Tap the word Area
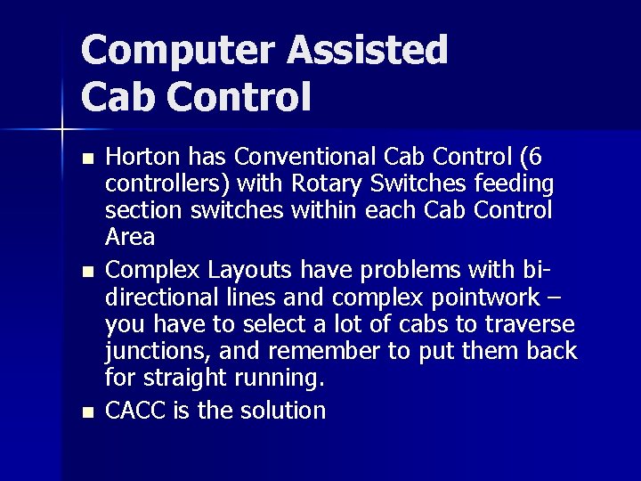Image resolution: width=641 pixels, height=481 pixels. click(130, 238)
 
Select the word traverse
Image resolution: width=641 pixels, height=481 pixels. click(531, 324)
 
